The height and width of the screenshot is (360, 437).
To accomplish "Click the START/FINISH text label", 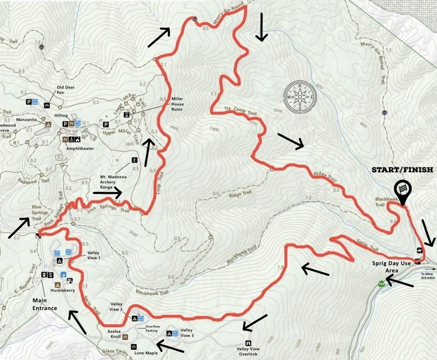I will click(403, 170).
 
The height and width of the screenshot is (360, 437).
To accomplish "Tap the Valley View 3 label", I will click(186, 333).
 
